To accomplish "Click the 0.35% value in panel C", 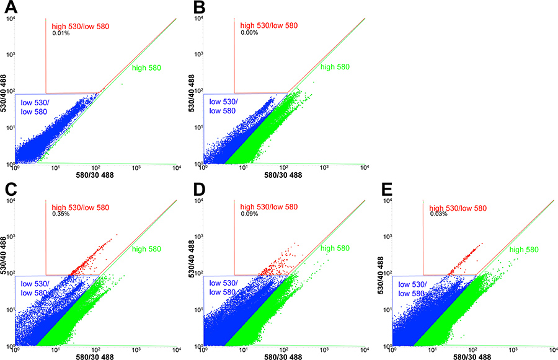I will click(61, 214).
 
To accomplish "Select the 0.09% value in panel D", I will click(249, 214).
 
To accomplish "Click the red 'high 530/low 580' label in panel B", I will click(268, 25).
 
